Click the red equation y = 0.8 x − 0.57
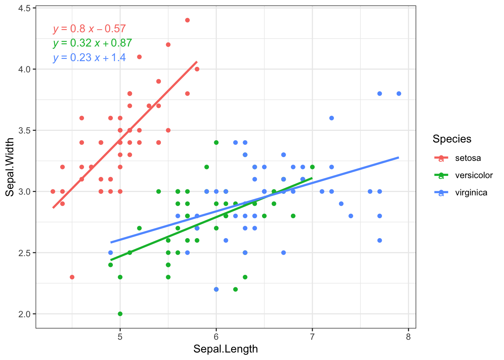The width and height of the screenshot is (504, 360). click(x=89, y=29)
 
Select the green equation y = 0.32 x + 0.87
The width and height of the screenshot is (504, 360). click(x=92, y=43)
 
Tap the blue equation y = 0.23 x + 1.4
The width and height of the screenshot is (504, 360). click(x=89, y=57)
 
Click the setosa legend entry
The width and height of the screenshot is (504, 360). click(x=468, y=158)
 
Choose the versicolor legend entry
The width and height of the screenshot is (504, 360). click(x=474, y=175)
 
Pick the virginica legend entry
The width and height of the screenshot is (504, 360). click(x=471, y=192)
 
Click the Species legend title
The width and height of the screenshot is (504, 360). click(x=452, y=139)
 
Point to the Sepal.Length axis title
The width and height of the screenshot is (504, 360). click(x=225, y=349)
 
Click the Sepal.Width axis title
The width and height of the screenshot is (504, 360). click(x=10, y=167)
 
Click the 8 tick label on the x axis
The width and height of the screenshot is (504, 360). click(x=408, y=337)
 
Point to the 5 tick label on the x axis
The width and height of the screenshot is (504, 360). click(x=120, y=337)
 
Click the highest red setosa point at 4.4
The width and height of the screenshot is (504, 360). click(x=187, y=20)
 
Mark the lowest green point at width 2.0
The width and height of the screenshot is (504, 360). click(x=120, y=314)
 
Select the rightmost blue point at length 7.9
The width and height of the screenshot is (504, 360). click(x=399, y=94)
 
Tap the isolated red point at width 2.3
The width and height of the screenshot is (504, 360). click(x=72, y=277)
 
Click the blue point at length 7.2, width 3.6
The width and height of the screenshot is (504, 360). click(x=331, y=118)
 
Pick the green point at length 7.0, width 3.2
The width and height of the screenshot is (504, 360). click(x=312, y=167)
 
